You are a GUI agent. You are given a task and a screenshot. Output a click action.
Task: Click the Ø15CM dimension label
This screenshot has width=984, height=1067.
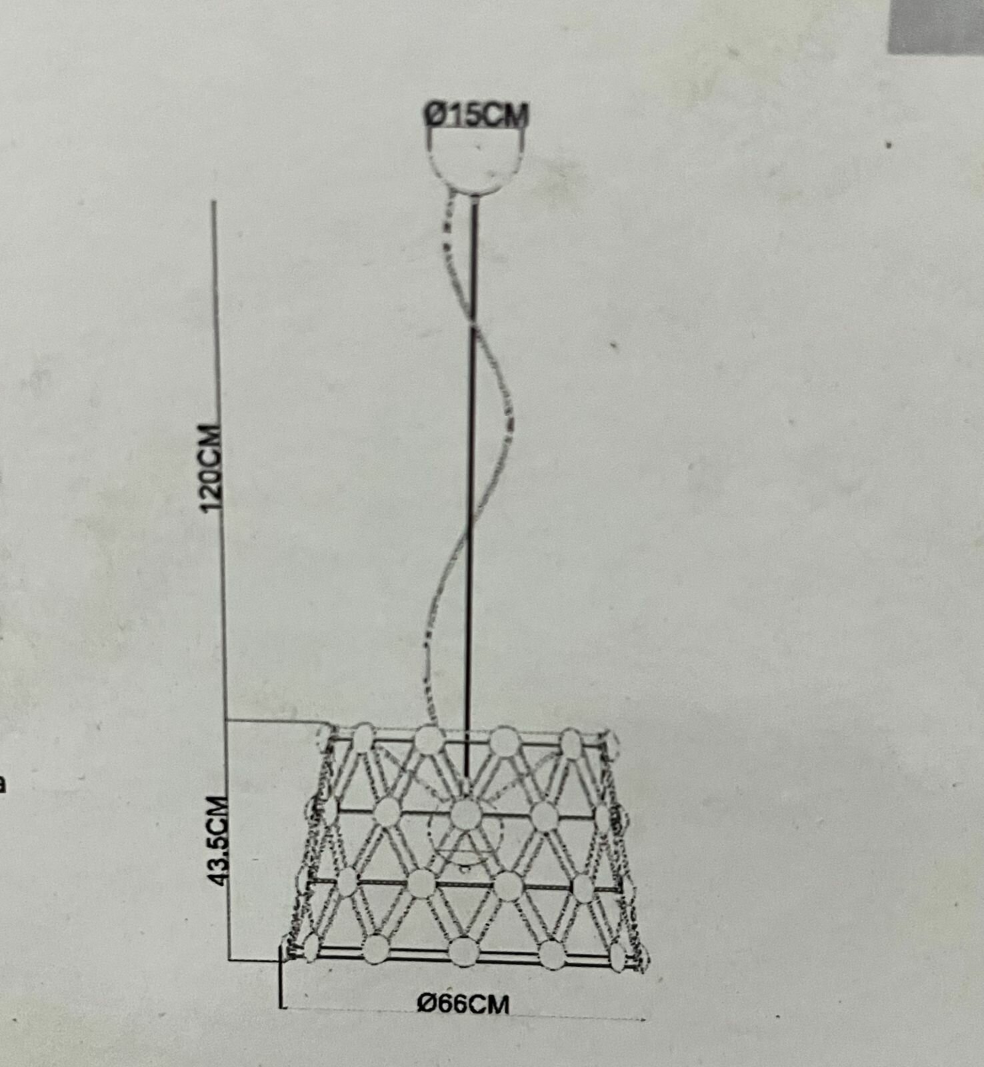477,115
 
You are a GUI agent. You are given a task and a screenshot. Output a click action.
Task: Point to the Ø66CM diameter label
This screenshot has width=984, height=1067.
463,1003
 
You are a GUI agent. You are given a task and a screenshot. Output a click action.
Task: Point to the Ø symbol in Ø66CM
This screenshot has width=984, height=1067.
427,1004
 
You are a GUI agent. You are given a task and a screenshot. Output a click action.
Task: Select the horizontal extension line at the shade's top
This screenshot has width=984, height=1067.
273,721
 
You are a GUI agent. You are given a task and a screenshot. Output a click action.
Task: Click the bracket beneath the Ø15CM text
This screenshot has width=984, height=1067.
476,133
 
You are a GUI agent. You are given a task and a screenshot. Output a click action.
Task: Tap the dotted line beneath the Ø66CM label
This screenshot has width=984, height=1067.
533,1017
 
